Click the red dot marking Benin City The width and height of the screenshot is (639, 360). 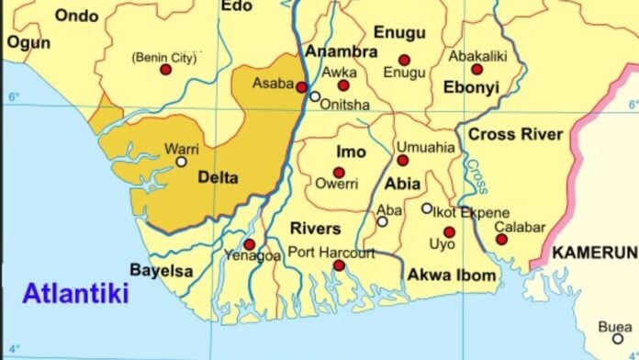point(165,70)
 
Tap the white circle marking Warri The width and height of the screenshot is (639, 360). point(181,162)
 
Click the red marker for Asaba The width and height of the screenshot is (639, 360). point(301,87)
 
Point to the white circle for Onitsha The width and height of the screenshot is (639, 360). point(315,96)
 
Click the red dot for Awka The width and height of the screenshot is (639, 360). point(343,85)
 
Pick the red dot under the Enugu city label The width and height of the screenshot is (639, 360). point(404,61)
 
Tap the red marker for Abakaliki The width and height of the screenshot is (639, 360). point(476,69)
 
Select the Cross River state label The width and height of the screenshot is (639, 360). point(515,135)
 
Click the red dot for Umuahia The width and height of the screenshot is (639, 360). point(402,161)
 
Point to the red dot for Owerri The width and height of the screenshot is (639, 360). point(339,173)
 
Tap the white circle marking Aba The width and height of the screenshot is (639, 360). point(382,221)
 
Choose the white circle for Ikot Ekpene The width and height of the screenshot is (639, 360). point(427,208)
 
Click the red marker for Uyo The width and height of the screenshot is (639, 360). point(449,232)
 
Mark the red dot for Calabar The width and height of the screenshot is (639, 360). point(501,240)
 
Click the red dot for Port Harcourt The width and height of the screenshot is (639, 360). point(339,265)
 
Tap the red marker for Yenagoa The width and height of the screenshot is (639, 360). point(249,244)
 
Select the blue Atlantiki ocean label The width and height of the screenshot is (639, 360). point(75,294)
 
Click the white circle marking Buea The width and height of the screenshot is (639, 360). point(617,338)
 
